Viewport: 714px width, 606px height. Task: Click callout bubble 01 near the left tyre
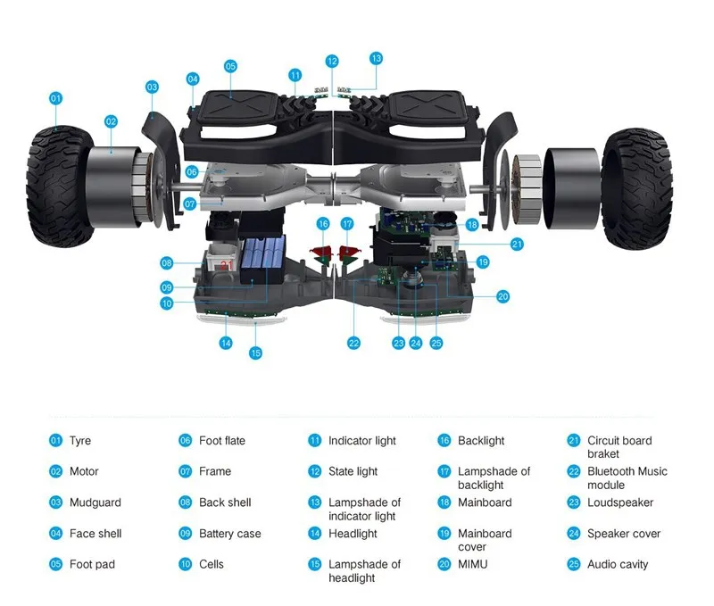click(x=55, y=98)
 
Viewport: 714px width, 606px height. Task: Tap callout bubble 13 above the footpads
click(x=376, y=58)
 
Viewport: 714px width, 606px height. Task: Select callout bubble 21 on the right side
click(x=518, y=244)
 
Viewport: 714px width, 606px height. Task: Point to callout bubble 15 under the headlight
click(x=256, y=353)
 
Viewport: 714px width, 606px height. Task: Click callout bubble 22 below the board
click(x=354, y=343)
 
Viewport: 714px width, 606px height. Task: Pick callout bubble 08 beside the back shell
click(x=167, y=262)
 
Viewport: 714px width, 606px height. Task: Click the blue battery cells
click(x=259, y=259)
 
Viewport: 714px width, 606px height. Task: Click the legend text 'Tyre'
click(x=80, y=441)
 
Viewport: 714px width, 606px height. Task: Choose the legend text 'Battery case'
click(x=229, y=534)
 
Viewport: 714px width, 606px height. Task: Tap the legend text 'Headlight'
click(x=353, y=534)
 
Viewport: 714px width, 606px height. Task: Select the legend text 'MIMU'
click(x=474, y=564)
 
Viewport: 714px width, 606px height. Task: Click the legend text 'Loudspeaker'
click(x=620, y=502)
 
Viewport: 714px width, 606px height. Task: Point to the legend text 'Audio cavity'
click(x=618, y=564)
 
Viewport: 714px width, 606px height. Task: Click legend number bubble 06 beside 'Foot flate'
click(x=186, y=441)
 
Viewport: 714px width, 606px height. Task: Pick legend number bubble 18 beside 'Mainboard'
click(x=444, y=502)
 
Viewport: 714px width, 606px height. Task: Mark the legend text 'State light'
click(x=353, y=471)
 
